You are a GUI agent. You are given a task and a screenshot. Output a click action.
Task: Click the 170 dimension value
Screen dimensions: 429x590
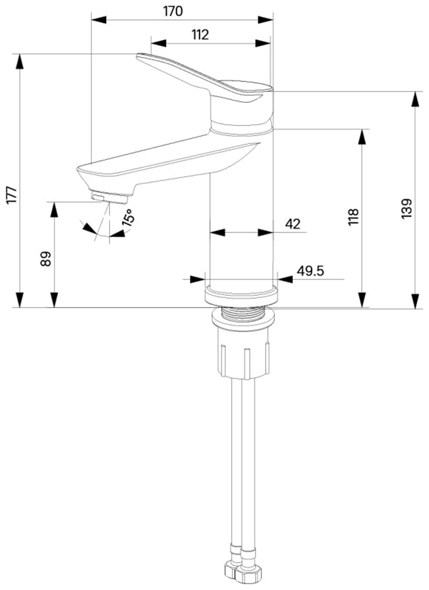pos(173,11)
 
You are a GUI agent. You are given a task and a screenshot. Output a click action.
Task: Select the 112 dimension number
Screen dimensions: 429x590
pos(200,35)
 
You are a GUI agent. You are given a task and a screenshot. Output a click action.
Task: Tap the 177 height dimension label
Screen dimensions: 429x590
pos(12,194)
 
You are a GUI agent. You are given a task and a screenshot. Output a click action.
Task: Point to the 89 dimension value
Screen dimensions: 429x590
pos(46,259)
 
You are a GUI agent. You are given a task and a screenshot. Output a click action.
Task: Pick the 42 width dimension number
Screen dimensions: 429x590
pos(292,224)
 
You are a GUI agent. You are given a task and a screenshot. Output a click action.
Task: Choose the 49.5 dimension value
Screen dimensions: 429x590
pos(311,271)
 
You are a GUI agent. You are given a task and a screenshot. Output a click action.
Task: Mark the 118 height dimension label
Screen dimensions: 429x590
pos(354,216)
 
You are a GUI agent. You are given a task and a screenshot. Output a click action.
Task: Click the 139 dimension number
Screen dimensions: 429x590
pos(407,209)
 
